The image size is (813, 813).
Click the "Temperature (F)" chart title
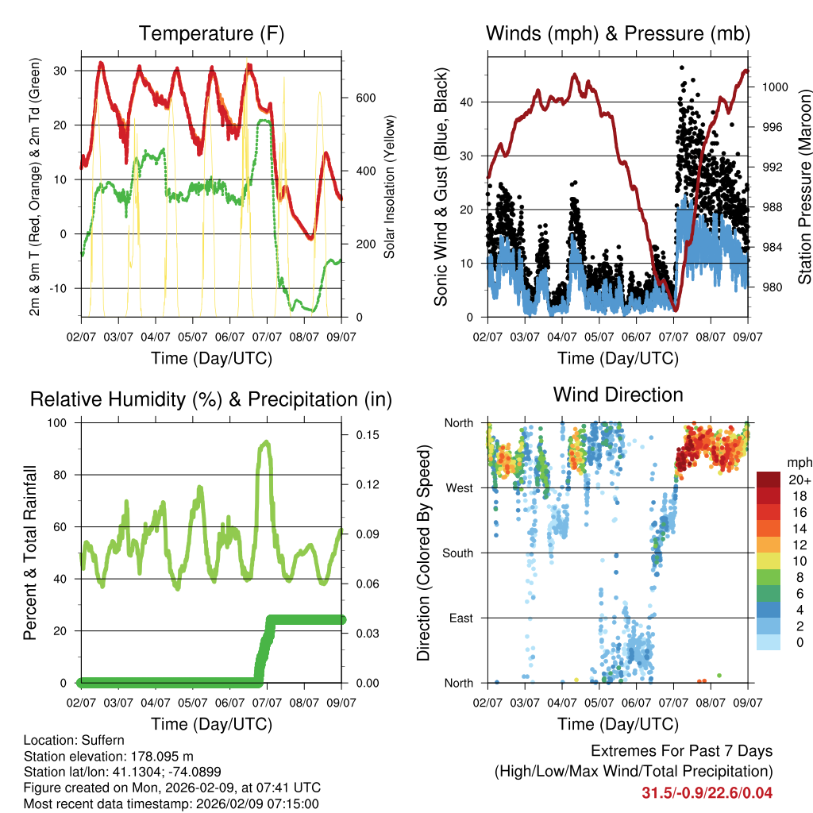pos(211,34)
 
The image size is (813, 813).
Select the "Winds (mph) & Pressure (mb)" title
pos(618,34)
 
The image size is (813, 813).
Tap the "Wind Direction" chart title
pos(618,395)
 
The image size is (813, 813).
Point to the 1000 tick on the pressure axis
pos(773,87)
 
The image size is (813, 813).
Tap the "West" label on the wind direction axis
pos(459,487)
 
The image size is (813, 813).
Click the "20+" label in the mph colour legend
pos(798,480)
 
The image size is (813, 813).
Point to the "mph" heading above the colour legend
pos(797,462)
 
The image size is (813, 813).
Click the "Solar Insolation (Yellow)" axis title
pos(390,187)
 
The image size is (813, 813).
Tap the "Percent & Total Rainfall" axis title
pos(30,553)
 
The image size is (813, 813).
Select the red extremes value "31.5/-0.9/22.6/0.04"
pos(707,792)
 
